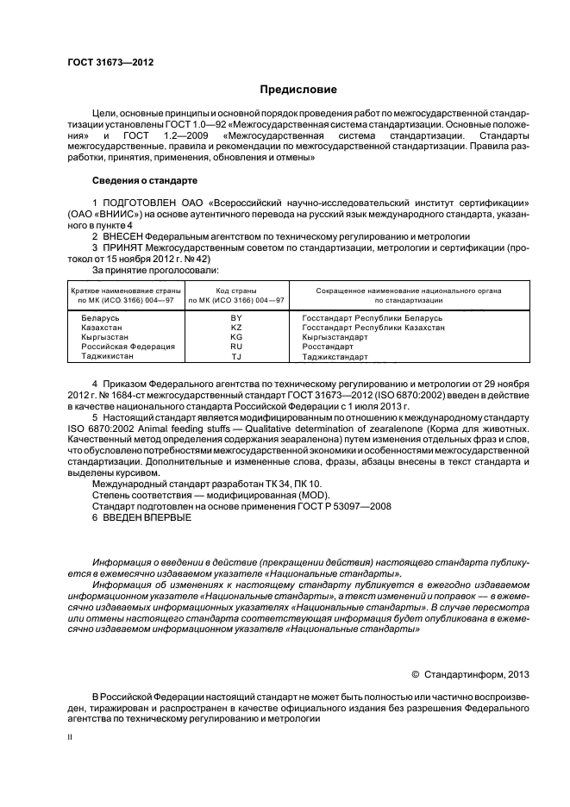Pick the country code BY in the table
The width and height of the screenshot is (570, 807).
(236, 318)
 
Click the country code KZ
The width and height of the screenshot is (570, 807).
(236, 328)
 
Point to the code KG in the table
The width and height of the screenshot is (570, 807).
(236, 337)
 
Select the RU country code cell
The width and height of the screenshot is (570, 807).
(236, 347)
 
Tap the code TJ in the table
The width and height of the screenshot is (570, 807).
(236, 356)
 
